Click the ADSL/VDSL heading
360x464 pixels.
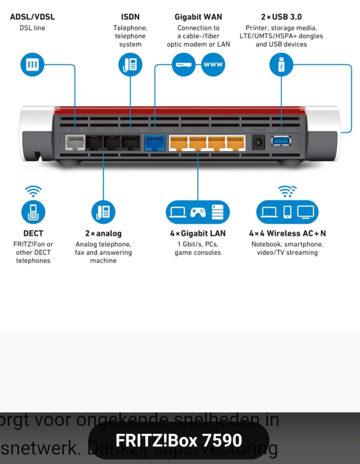[x=32, y=17]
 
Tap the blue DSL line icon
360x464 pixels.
[x=32, y=65]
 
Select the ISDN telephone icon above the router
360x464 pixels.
[x=130, y=65]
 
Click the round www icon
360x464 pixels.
[x=213, y=65]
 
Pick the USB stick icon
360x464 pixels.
[x=281, y=65]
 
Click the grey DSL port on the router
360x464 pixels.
[x=75, y=143]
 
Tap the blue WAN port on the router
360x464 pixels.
[x=155, y=143]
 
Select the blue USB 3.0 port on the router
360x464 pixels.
[x=281, y=141]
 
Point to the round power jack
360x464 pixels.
[x=258, y=143]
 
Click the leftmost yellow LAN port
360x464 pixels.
[x=179, y=143]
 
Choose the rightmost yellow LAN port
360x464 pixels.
[x=236, y=143]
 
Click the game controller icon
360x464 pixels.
[x=198, y=212]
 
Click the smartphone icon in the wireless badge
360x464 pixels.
[x=287, y=212]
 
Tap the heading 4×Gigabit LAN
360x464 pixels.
[x=198, y=233]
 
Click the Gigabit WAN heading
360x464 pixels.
[x=198, y=17]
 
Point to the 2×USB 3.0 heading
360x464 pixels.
[x=281, y=17]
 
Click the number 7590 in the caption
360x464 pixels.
[x=222, y=440]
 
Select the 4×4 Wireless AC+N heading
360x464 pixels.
[x=287, y=233]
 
